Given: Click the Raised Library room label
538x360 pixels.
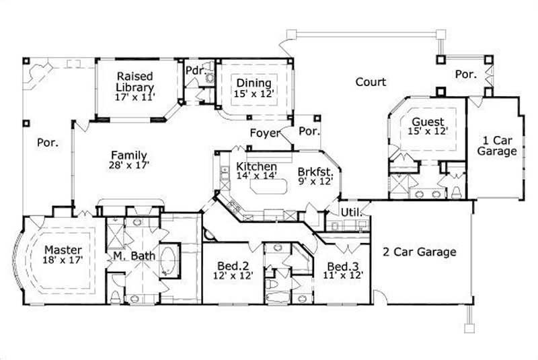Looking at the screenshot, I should [134, 81].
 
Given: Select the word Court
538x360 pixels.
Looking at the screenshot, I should [371, 82].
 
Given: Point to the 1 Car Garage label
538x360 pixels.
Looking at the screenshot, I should [497, 146].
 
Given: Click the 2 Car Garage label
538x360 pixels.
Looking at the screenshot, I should [419, 252].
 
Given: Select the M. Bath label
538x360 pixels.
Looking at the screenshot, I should [129, 256].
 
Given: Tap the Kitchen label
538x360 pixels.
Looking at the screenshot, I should [256, 166].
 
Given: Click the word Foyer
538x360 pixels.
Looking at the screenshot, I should [264, 133].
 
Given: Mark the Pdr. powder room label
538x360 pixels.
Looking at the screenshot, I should [195, 69].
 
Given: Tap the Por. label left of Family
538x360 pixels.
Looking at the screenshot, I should [47, 143].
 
